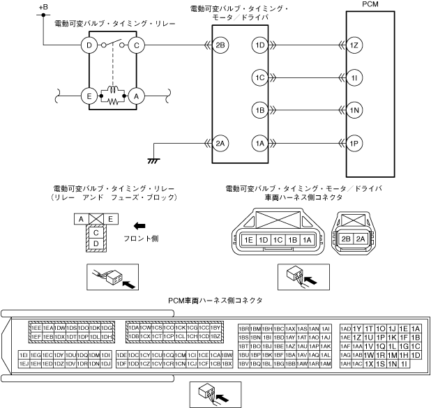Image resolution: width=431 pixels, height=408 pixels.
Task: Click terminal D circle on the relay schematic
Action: tap(89, 46)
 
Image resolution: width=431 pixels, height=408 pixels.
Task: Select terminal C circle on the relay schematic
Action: tap(137, 46)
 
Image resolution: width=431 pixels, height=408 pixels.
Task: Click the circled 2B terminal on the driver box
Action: tap(221, 46)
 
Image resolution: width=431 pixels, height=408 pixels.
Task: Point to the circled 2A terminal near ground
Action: tap(221, 144)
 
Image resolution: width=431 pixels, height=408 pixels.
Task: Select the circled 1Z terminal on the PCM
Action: tap(354, 46)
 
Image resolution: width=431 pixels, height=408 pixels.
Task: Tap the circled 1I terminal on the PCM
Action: tap(354, 78)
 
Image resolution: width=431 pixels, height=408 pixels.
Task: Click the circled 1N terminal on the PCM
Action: tap(354, 110)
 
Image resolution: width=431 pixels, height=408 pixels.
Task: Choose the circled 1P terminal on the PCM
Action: tap(354, 144)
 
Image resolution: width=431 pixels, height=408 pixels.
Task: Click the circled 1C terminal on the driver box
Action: tap(259, 78)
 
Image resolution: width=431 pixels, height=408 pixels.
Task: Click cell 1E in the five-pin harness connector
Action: tap(249, 240)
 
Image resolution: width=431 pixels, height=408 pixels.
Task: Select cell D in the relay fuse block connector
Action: tap(96, 243)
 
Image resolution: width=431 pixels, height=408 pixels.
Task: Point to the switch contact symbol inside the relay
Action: tap(113, 45)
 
